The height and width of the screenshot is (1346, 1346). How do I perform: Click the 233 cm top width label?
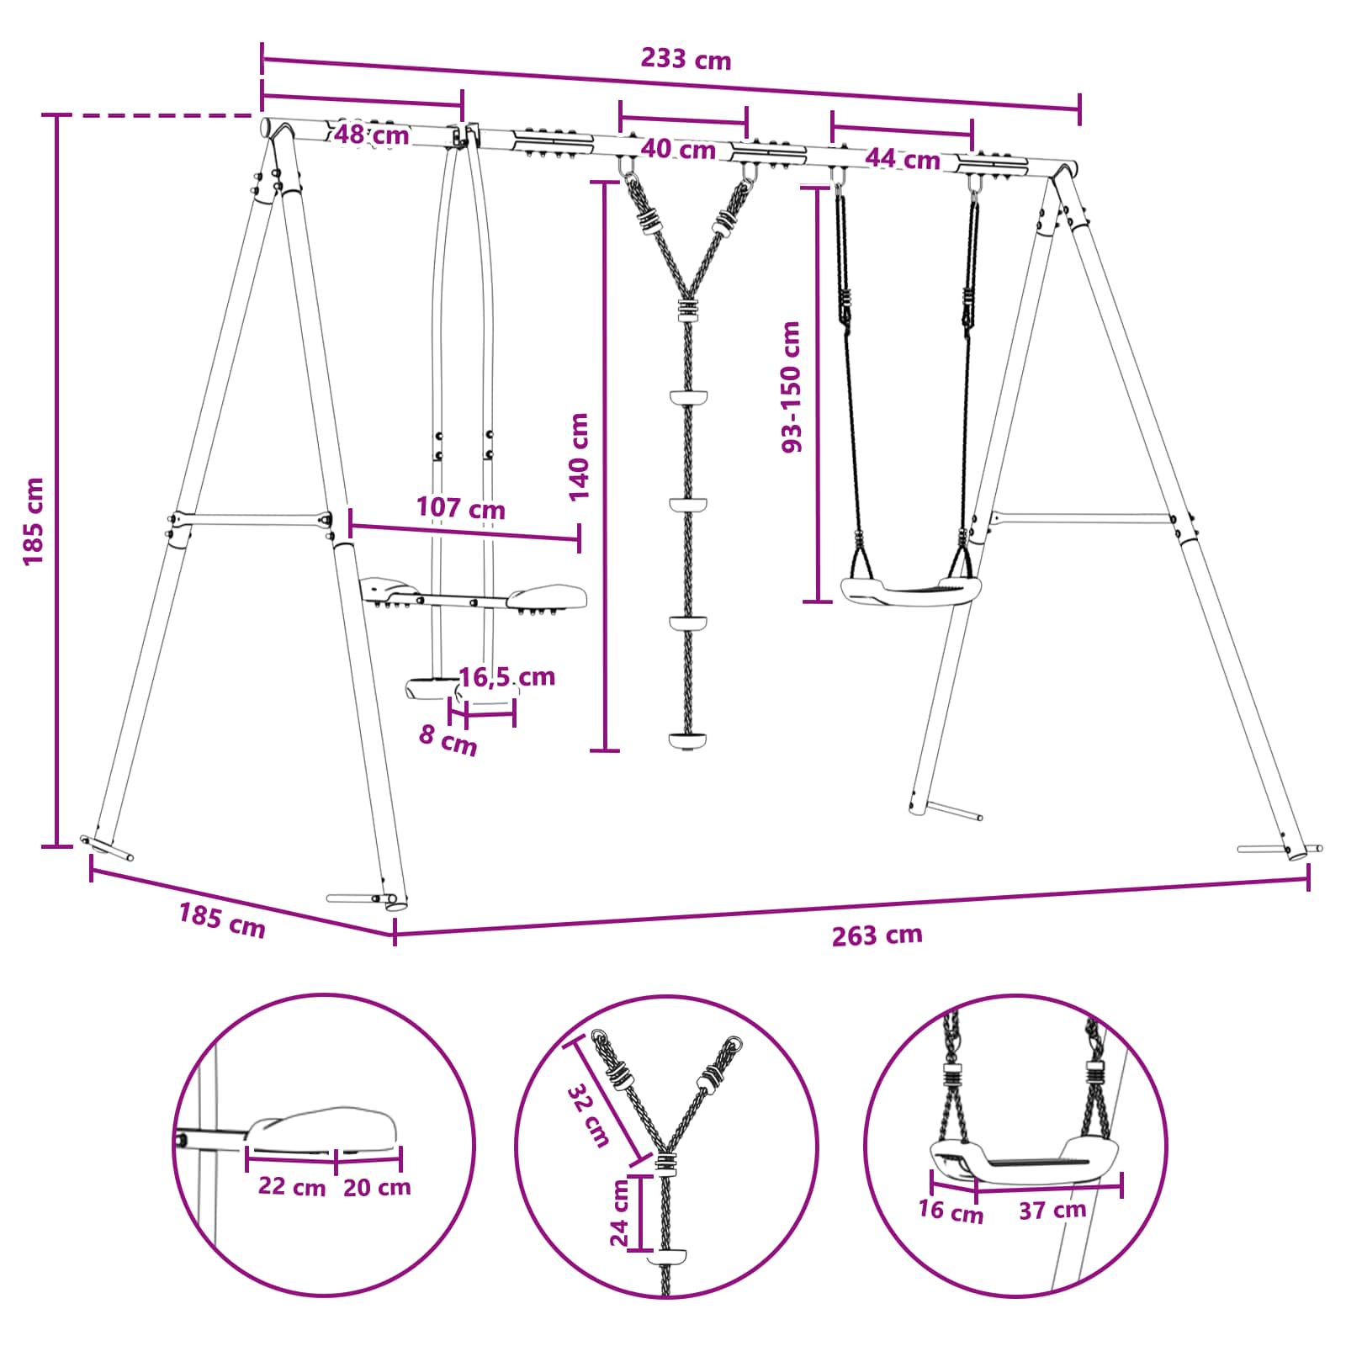pos(686,59)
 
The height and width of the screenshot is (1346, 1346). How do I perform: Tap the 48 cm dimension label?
pos(371,135)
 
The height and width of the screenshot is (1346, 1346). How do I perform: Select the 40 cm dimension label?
pos(678,150)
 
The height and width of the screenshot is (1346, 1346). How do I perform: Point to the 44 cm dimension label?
pos(902,158)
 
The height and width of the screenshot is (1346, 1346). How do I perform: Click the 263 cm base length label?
pos(877,935)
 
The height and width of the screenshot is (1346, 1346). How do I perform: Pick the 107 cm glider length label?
pos(460,508)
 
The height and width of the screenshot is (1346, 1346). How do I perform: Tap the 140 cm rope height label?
pos(579,457)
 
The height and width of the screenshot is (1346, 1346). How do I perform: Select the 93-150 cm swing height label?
pos(792,387)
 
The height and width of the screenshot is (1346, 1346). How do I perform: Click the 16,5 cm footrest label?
pos(506,676)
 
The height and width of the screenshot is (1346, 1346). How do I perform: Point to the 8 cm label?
pos(448,740)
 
